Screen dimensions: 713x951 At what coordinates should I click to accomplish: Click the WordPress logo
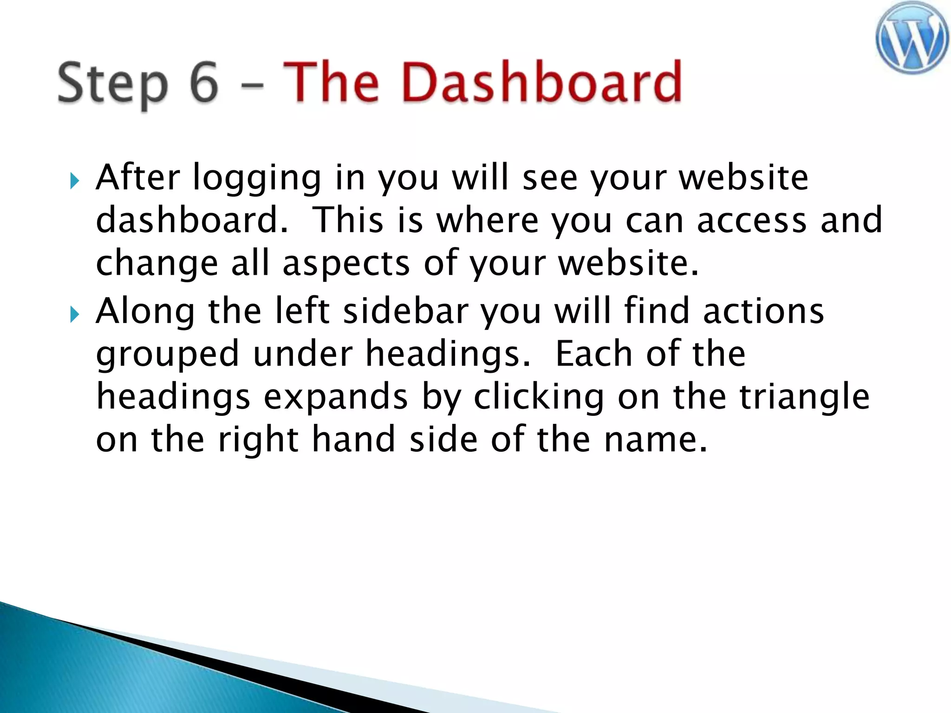point(912,38)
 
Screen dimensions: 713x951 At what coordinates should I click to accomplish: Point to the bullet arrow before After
point(74,181)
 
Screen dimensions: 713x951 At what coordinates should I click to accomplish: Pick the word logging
point(257,179)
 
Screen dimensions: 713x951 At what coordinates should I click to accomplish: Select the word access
point(752,220)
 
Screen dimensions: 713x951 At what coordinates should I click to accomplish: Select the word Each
point(595,354)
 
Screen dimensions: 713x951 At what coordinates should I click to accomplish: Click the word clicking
point(539,397)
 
